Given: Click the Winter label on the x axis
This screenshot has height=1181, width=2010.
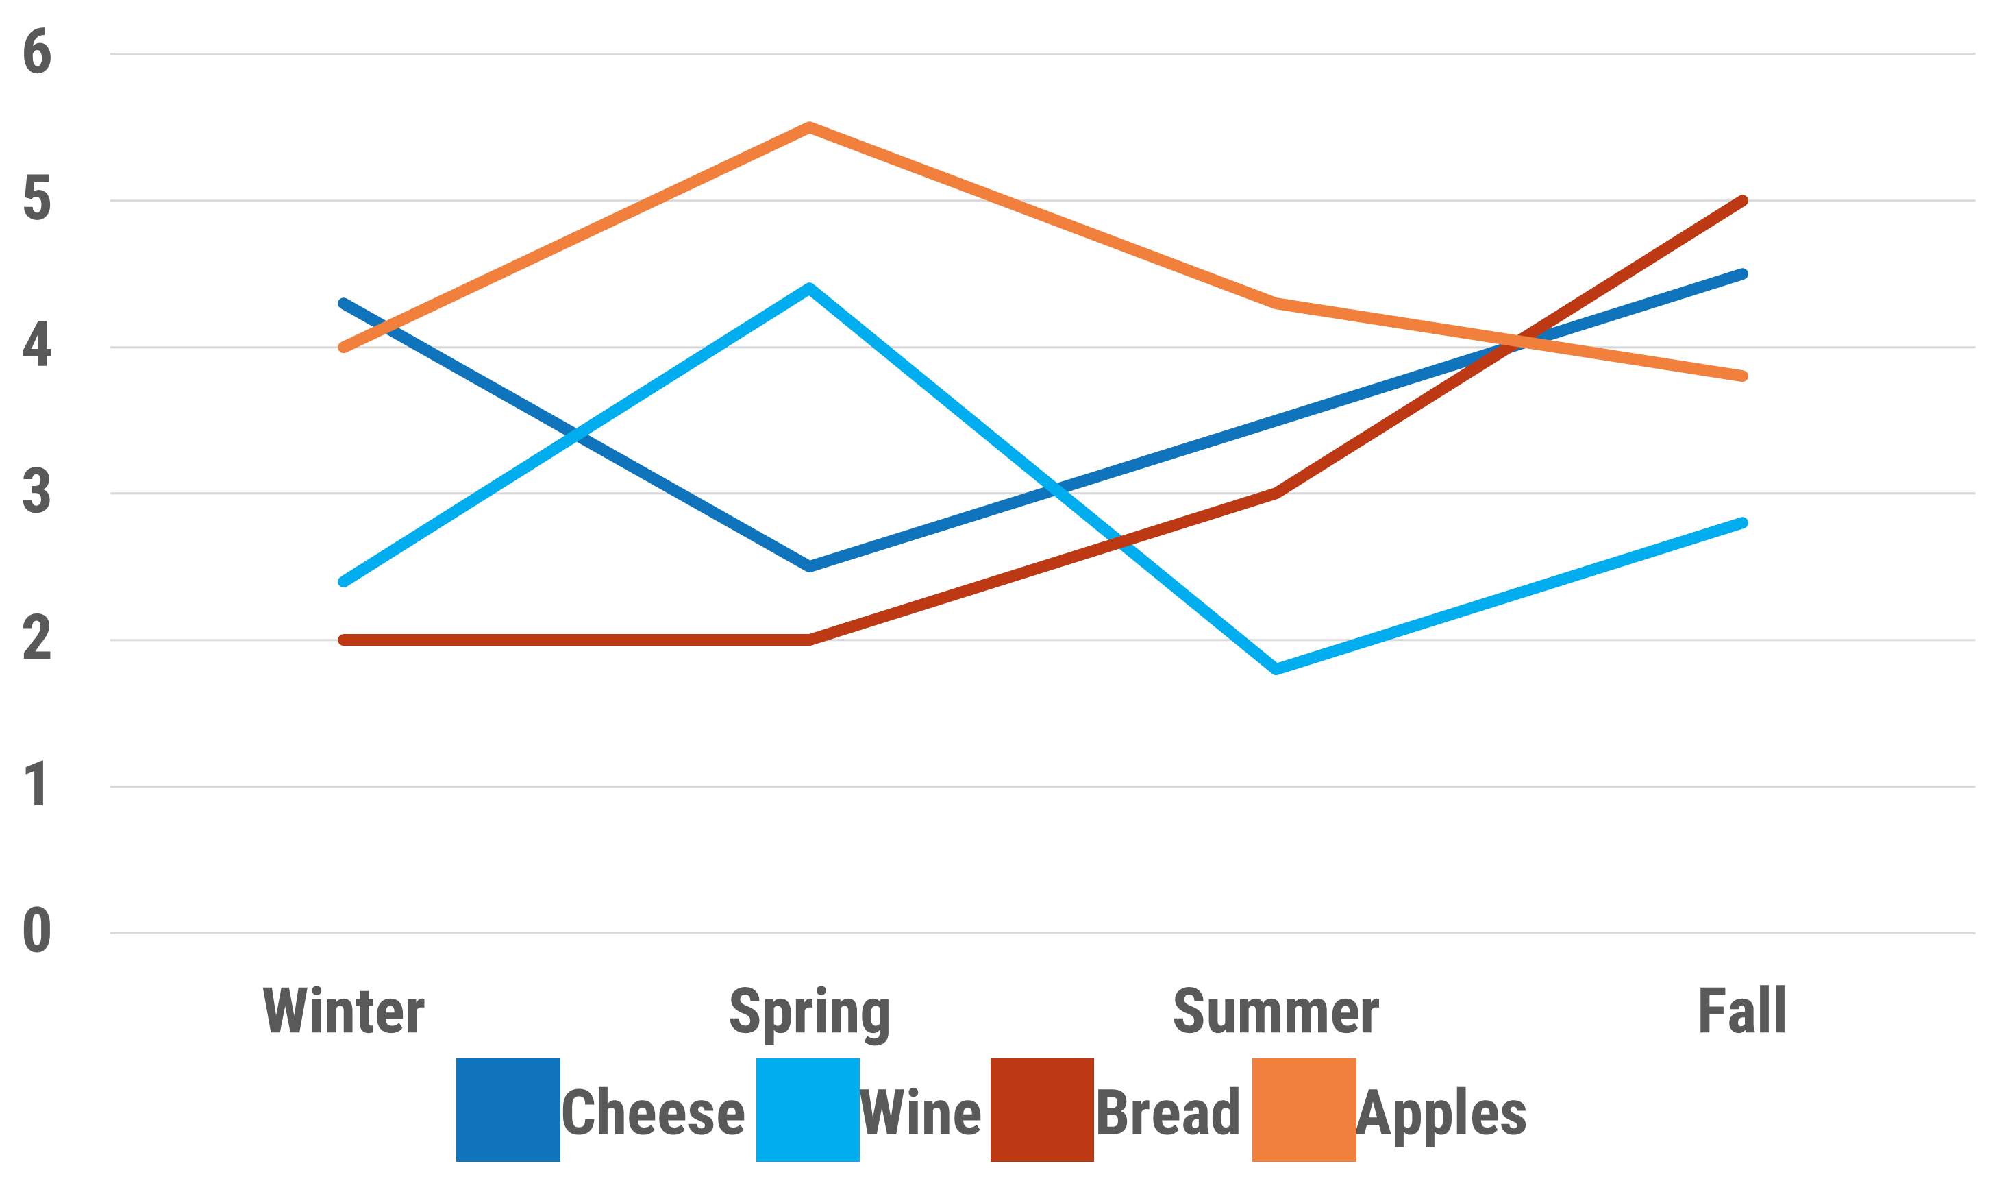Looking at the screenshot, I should coord(343,1011).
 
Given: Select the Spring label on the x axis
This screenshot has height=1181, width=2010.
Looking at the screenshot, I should coord(809,1011).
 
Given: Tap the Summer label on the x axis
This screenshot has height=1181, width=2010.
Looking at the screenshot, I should coord(1275,1011).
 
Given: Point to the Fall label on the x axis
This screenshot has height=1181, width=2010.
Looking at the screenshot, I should coord(1741,1011).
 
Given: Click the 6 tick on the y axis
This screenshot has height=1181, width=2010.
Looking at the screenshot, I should coord(37,53).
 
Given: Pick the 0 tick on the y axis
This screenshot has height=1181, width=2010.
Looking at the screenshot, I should coord(37,932).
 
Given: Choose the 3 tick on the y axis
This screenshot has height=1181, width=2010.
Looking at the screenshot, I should coord(37,492).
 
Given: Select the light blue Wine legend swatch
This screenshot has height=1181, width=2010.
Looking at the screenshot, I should coord(807,1109).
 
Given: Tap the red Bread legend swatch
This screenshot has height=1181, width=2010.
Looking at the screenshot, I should coord(1042,1109).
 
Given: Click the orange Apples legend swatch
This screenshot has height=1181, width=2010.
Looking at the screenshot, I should coord(1303,1109).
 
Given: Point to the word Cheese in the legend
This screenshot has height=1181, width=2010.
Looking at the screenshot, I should coord(652,1112).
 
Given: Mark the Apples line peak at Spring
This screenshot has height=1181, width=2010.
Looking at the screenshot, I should coord(810,127).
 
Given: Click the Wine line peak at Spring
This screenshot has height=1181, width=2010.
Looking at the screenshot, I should coord(810,288).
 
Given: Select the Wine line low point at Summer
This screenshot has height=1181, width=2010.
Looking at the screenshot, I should coord(1276,669).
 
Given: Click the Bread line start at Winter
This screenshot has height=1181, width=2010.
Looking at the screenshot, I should coord(344,640).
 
